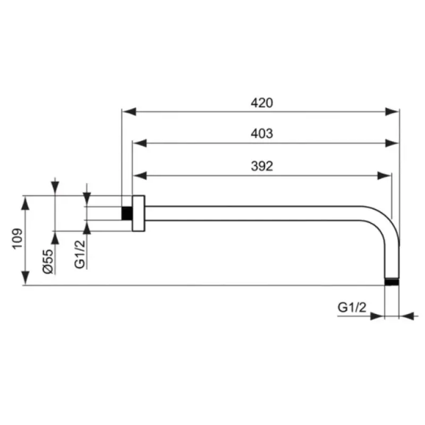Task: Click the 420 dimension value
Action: [261, 103]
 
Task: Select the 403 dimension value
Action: [261, 134]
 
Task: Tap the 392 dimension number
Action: [261, 166]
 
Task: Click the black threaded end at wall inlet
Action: [127, 213]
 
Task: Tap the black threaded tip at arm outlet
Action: [392, 282]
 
